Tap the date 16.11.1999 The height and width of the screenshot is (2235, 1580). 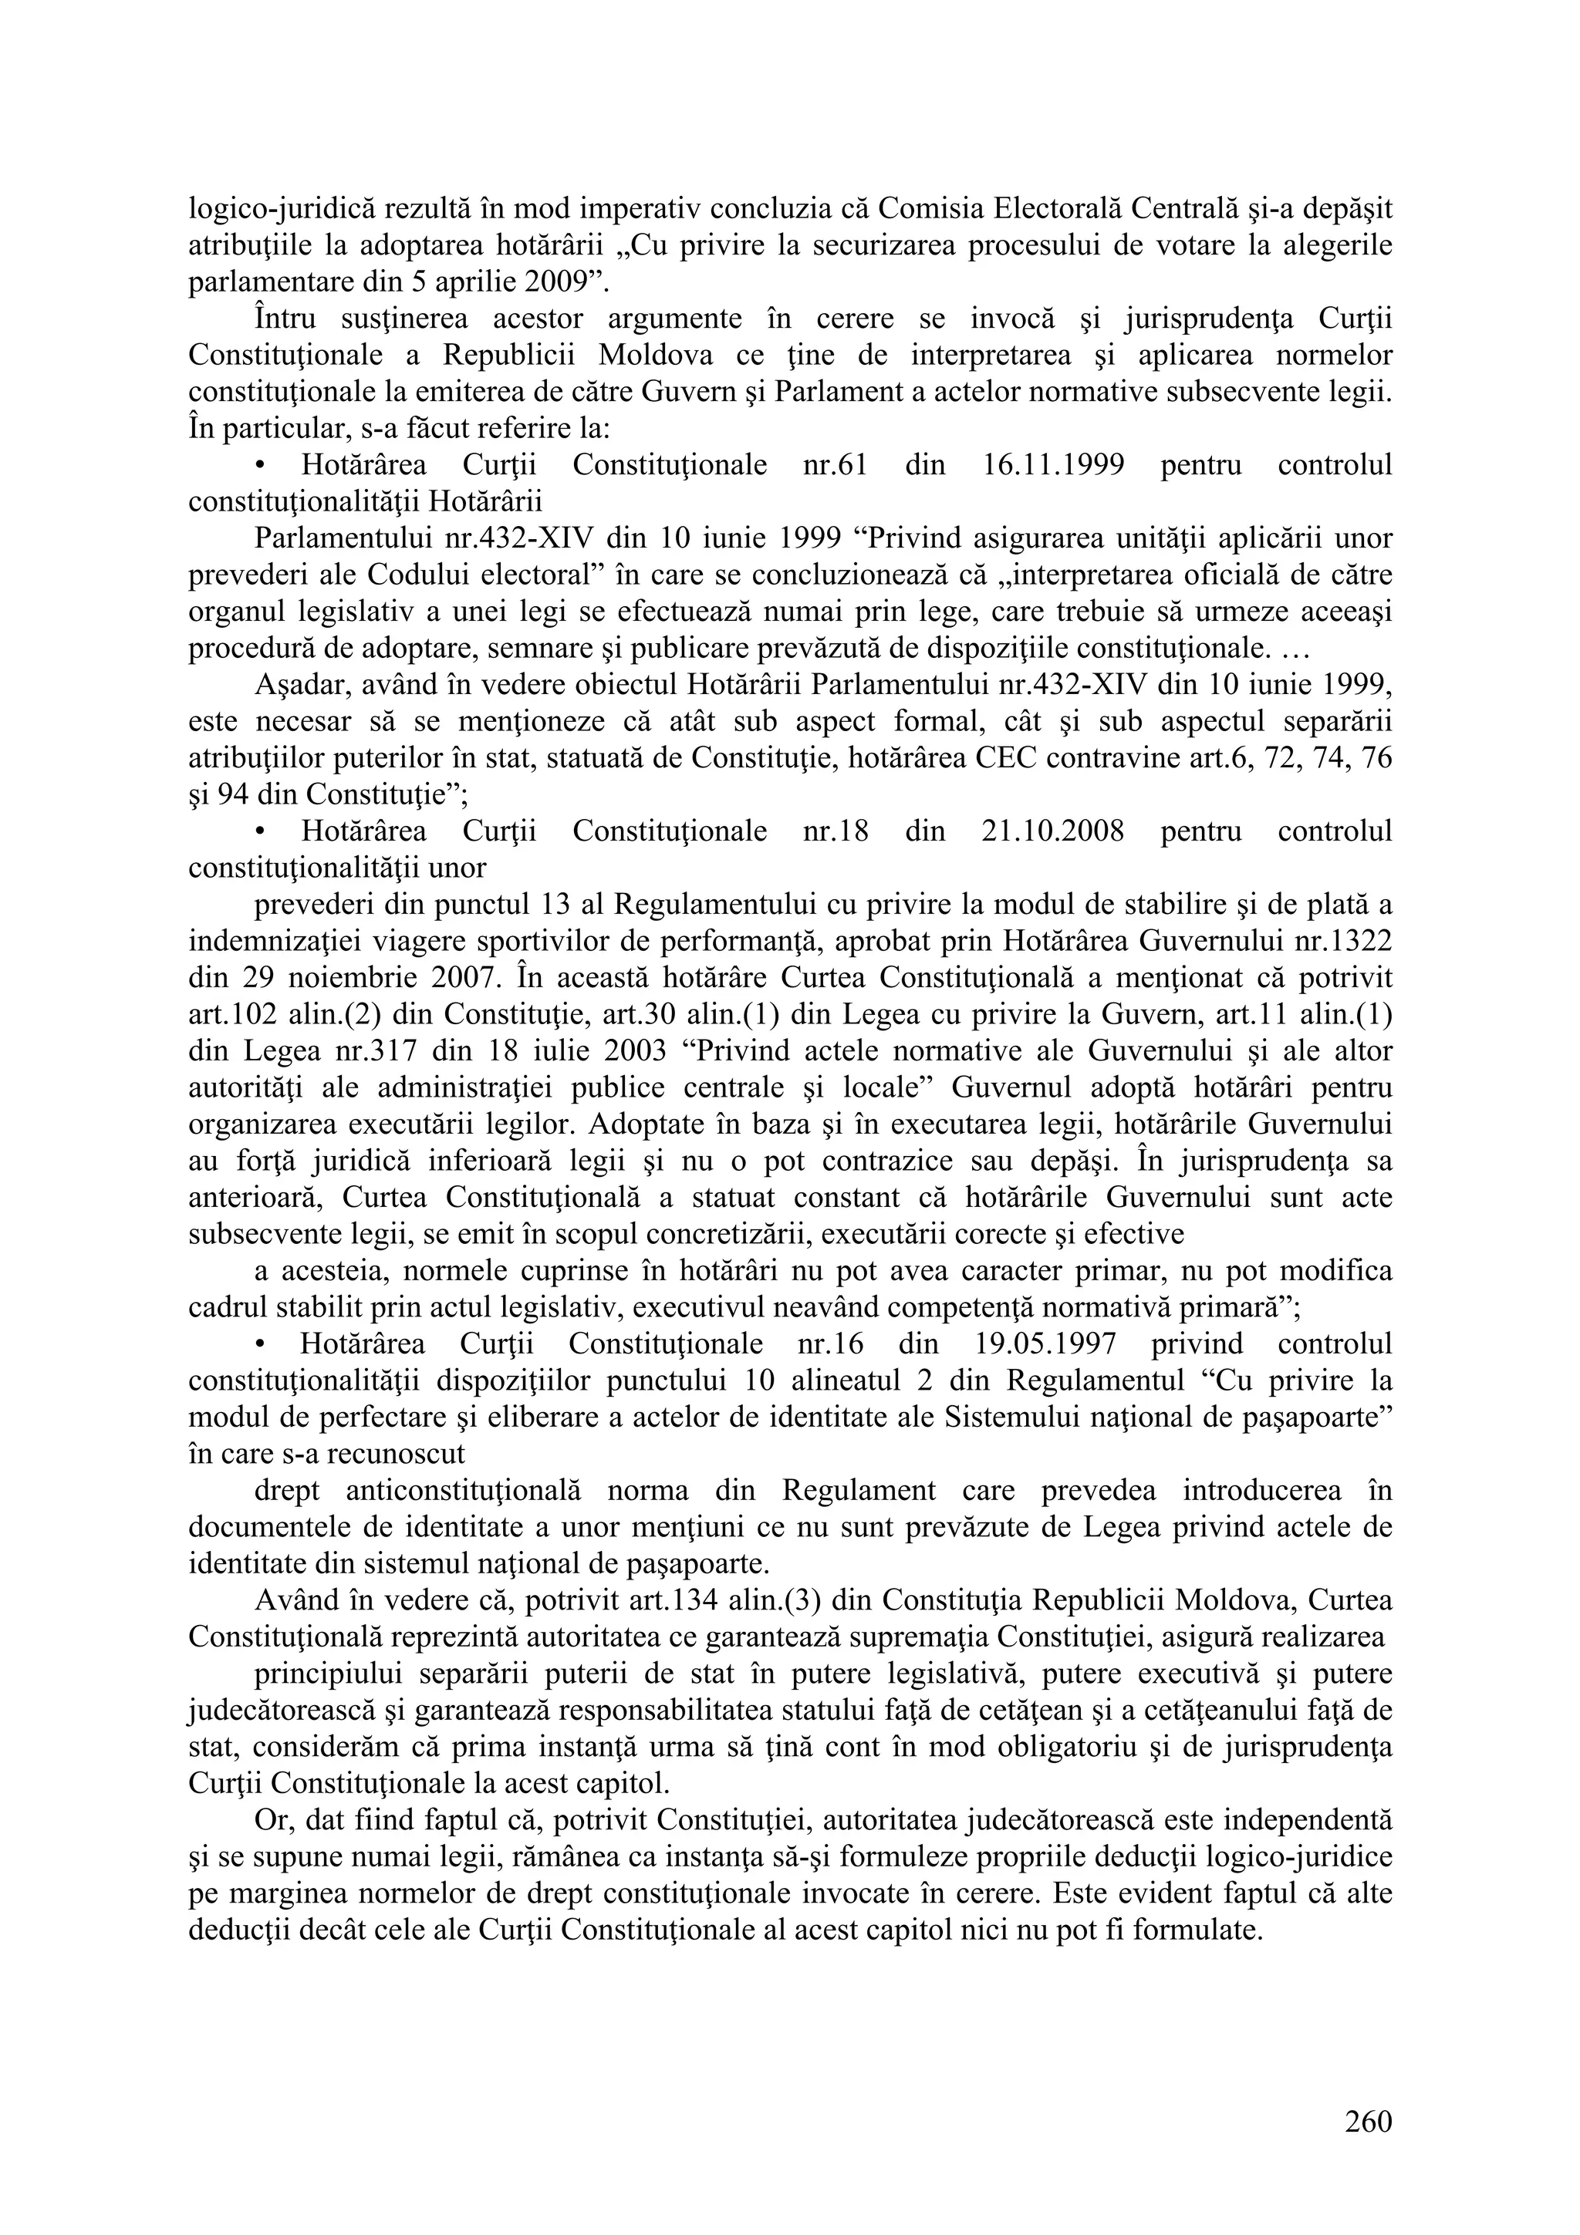pyautogui.click(x=1047, y=465)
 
